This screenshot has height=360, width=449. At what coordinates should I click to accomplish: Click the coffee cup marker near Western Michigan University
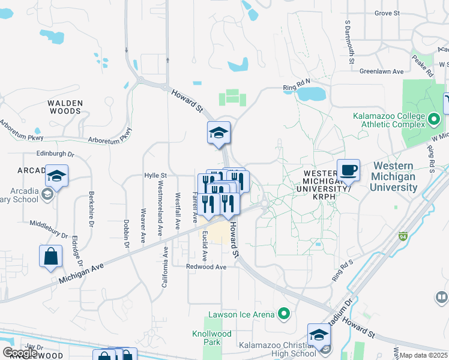[348, 170]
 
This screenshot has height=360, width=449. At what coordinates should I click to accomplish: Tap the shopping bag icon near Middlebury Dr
[51, 256]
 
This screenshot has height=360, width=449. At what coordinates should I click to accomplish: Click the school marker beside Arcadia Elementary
[56, 176]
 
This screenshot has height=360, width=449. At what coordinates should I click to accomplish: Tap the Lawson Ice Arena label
[241, 314]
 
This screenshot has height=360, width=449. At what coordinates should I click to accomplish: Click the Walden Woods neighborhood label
[64, 107]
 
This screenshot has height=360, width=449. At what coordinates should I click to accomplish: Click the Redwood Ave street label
[206, 266]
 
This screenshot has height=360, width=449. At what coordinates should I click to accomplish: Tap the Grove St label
[387, 13]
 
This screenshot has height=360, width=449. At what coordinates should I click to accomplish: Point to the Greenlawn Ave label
[381, 71]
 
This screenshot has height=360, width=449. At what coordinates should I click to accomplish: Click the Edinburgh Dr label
[55, 154]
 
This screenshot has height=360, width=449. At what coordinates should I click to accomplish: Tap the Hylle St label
[155, 175]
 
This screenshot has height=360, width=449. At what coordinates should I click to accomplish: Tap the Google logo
[20, 353]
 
